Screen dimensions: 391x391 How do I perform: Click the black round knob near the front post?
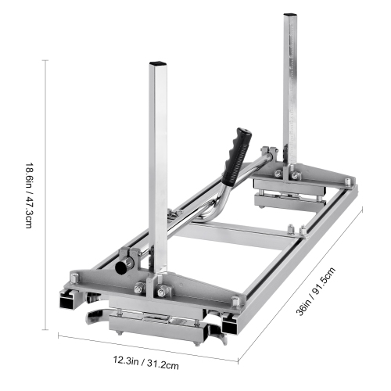(123, 267)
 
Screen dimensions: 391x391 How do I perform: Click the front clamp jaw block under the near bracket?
(156, 316)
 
